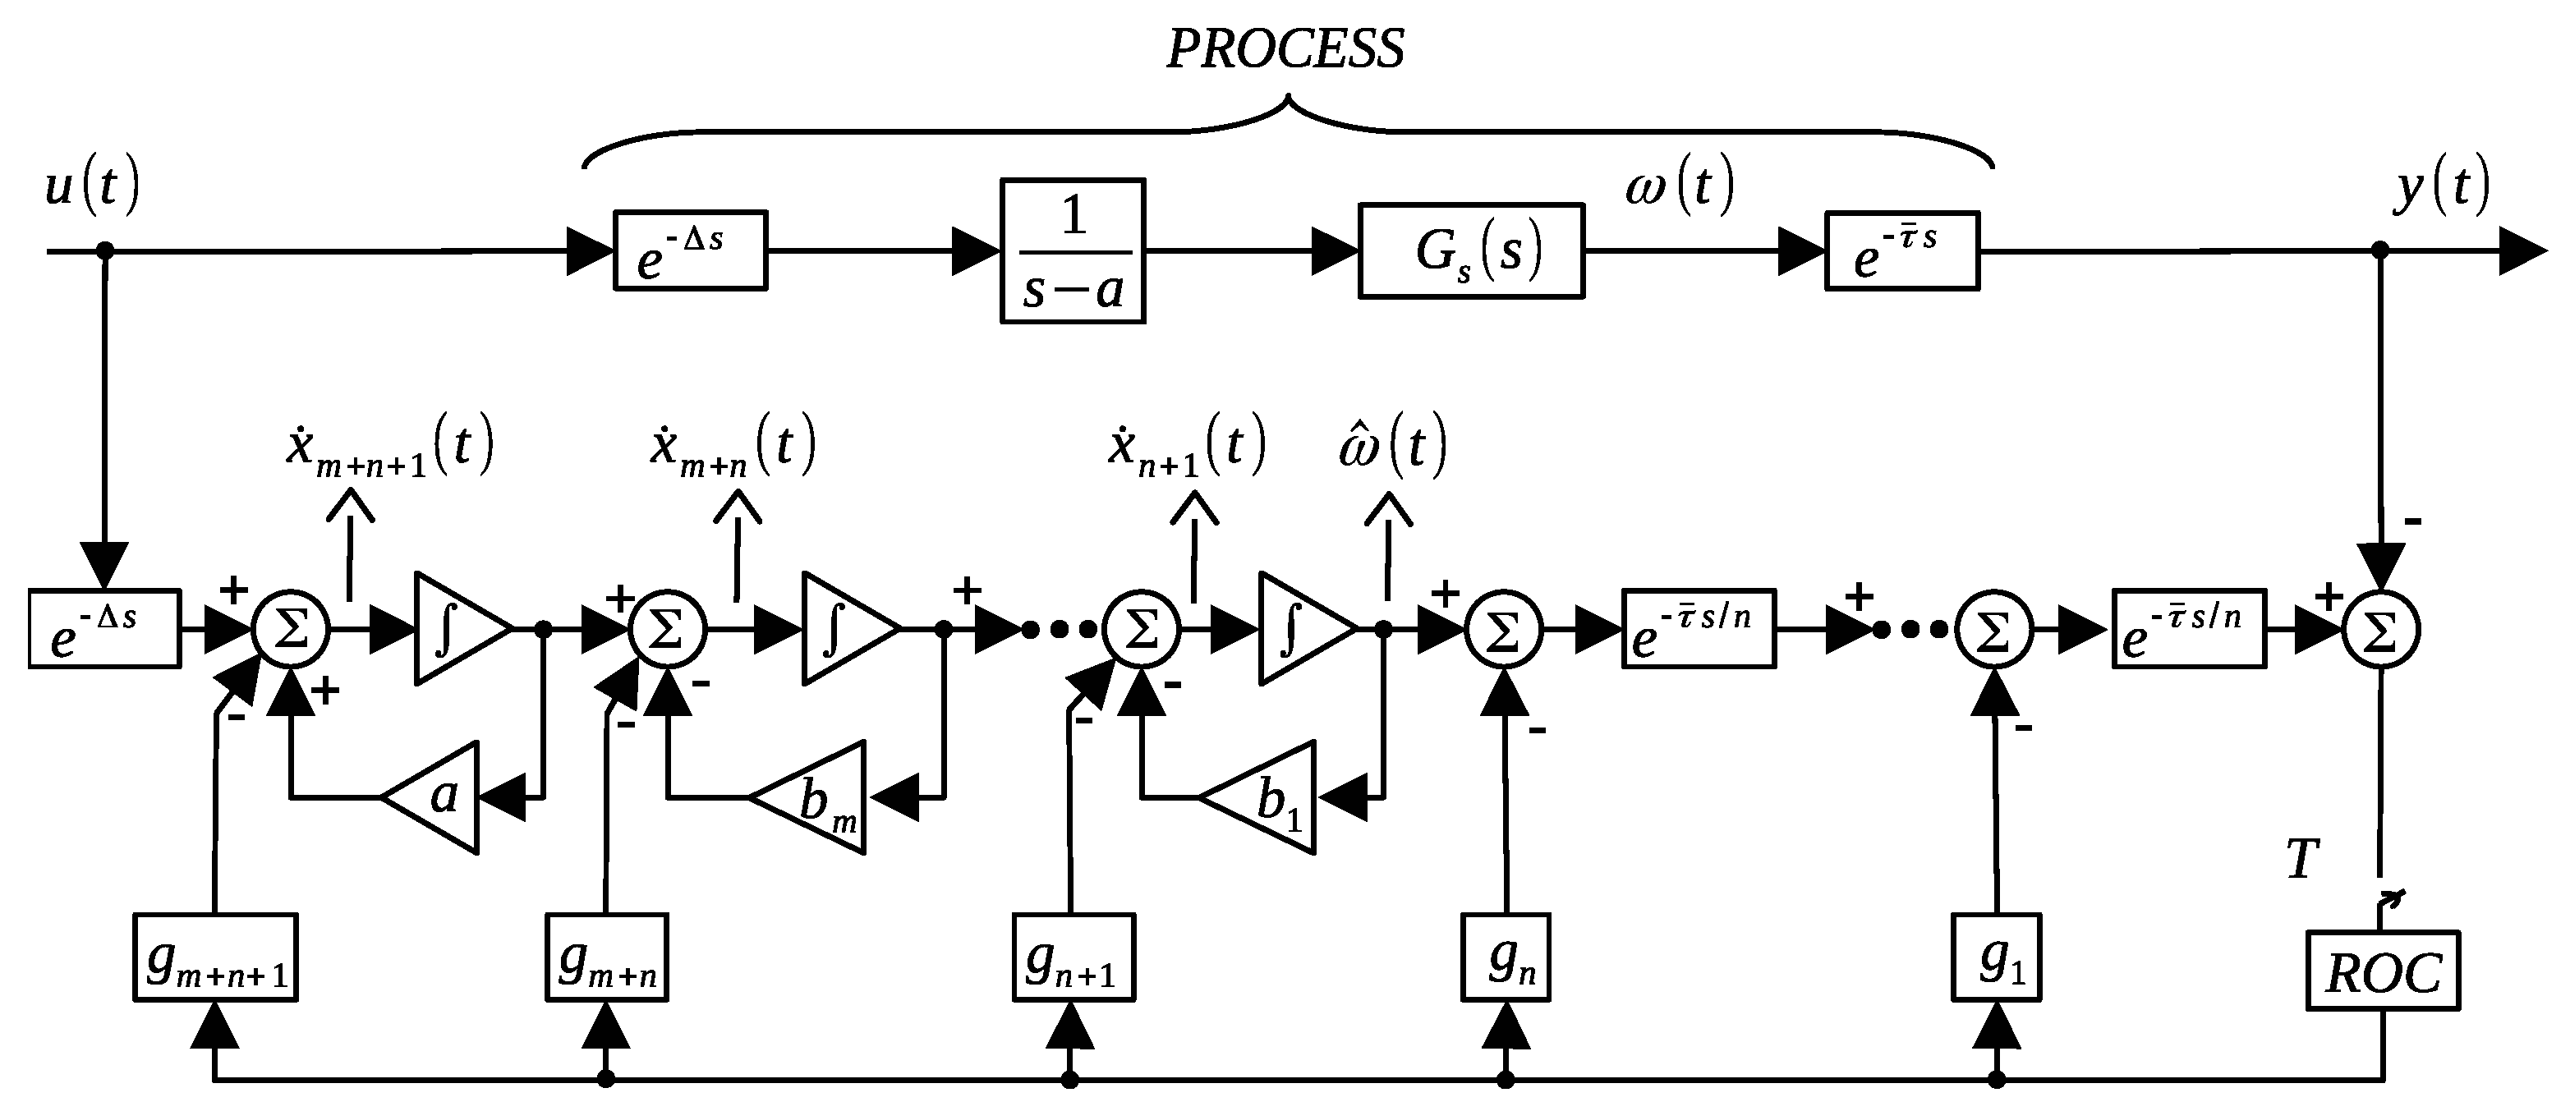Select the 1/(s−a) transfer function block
coord(1073,251)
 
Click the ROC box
coord(2383,971)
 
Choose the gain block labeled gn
coord(1506,957)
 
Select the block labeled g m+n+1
coord(215,957)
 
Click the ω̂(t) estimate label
coord(1391,448)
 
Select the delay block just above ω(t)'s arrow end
coord(1901,251)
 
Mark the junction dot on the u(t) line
coord(105,251)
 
